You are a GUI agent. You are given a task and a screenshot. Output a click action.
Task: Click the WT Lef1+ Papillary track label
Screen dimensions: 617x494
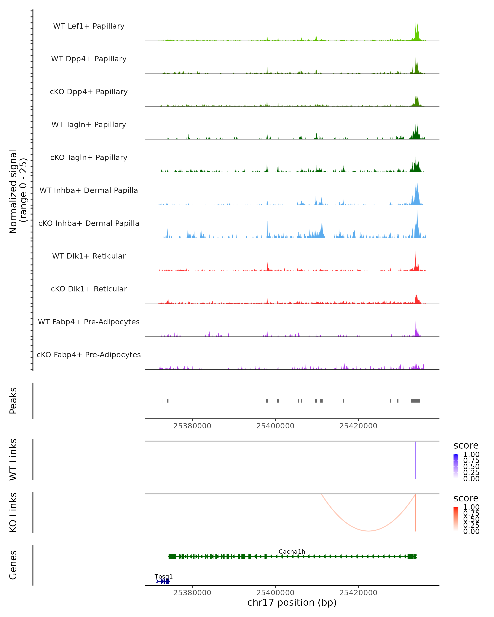tap(89, 26)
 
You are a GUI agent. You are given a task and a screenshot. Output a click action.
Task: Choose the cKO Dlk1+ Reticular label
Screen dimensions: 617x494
tap(89, 289)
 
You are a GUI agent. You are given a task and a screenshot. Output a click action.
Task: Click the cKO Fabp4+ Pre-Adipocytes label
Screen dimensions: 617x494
tap(89, 355)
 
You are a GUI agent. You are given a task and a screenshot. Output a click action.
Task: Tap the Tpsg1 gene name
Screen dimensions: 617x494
tap(163, 576)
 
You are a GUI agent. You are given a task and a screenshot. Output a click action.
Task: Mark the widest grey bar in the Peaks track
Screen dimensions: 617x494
tap(415, 401)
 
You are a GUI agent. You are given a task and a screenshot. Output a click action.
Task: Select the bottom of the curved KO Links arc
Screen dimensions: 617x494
tap(369, 531)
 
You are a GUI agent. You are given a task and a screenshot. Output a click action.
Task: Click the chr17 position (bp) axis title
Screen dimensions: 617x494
tap(292, 602)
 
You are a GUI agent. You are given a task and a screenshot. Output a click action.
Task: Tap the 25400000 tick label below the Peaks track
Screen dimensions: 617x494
tap(275, 426)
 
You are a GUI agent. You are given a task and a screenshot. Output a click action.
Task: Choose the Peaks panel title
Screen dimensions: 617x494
tap(13, 401)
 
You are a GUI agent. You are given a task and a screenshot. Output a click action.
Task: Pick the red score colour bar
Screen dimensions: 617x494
tap(456, 519)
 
